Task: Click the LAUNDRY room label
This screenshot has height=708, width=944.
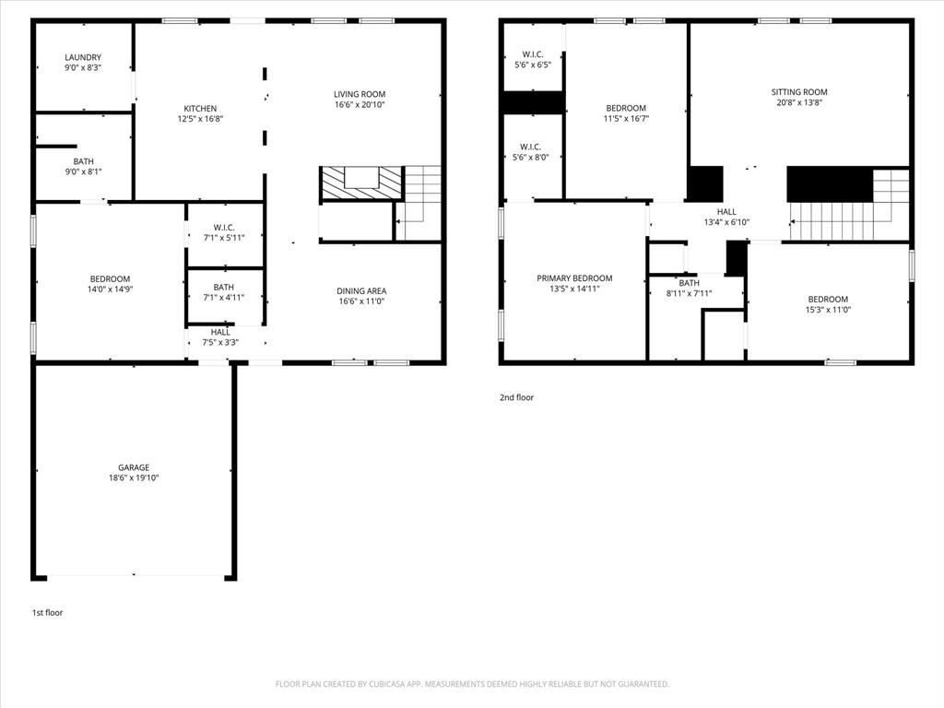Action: [x=83, y=57]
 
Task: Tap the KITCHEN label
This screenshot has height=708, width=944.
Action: [x=200, y=108]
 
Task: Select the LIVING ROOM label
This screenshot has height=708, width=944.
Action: [x=360, y=94]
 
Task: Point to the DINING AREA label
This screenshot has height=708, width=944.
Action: [x=361, y=290]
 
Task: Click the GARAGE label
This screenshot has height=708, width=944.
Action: [x=133, y=467]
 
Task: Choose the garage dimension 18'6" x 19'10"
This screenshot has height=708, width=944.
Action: [x=133, y=478]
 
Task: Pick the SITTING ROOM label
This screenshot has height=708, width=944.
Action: [x=799, y=92]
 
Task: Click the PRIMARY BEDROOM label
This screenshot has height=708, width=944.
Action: [x=574, y=278]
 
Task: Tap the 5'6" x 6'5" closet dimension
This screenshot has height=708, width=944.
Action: [x=532, y=65]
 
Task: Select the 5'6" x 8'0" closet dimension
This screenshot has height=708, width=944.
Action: [x=532, y=158]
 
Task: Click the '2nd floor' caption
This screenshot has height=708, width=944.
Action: [x=516, y=398]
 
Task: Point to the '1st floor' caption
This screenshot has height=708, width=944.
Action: [x=47, y=612]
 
